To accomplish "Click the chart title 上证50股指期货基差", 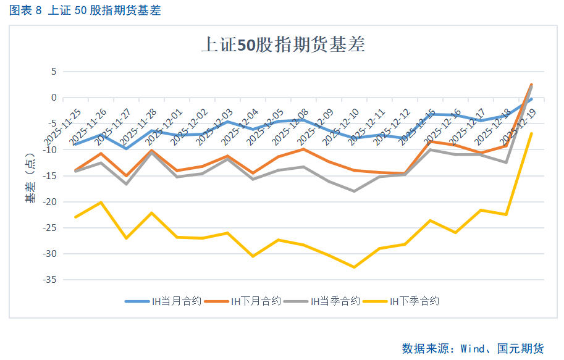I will pyautogui.click(x=283, y=45).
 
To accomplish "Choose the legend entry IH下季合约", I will pyautogui.click(x=414, y=301).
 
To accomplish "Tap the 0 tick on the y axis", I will pyautogui.click(x=53, y=98).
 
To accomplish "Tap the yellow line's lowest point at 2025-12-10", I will pyautogui.click(x=354, y=267).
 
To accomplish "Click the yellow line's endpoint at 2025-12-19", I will pyautogui.click(x=531, y=133).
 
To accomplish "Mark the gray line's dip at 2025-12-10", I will pyautogui.click(x=354, y=191).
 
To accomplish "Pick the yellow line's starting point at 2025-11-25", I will pyautogui.click(x=75, y=217).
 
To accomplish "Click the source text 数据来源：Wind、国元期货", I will pyautogui.click(x=473, y=349).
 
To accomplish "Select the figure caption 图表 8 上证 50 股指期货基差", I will pyautogui.click(x=85, y=10).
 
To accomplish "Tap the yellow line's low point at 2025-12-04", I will pyautogui.click(x=253, y=256).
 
